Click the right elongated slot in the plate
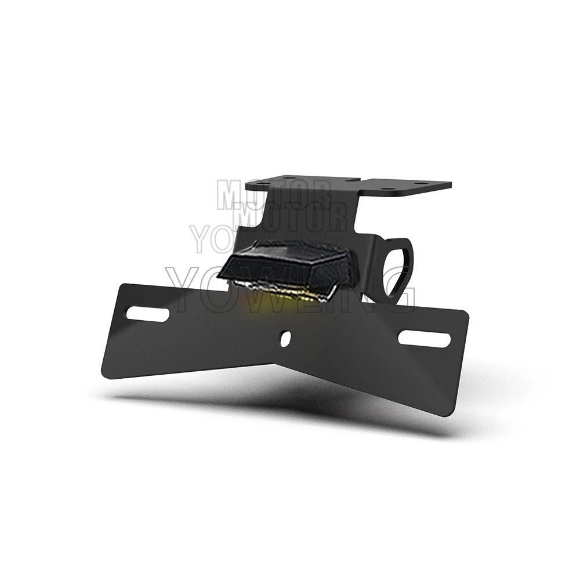click(426, 339)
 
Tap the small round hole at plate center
click(284, 338)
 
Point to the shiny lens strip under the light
click(284, 291)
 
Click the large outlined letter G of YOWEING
click(398, 288)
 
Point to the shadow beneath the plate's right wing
click(406, 420)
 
